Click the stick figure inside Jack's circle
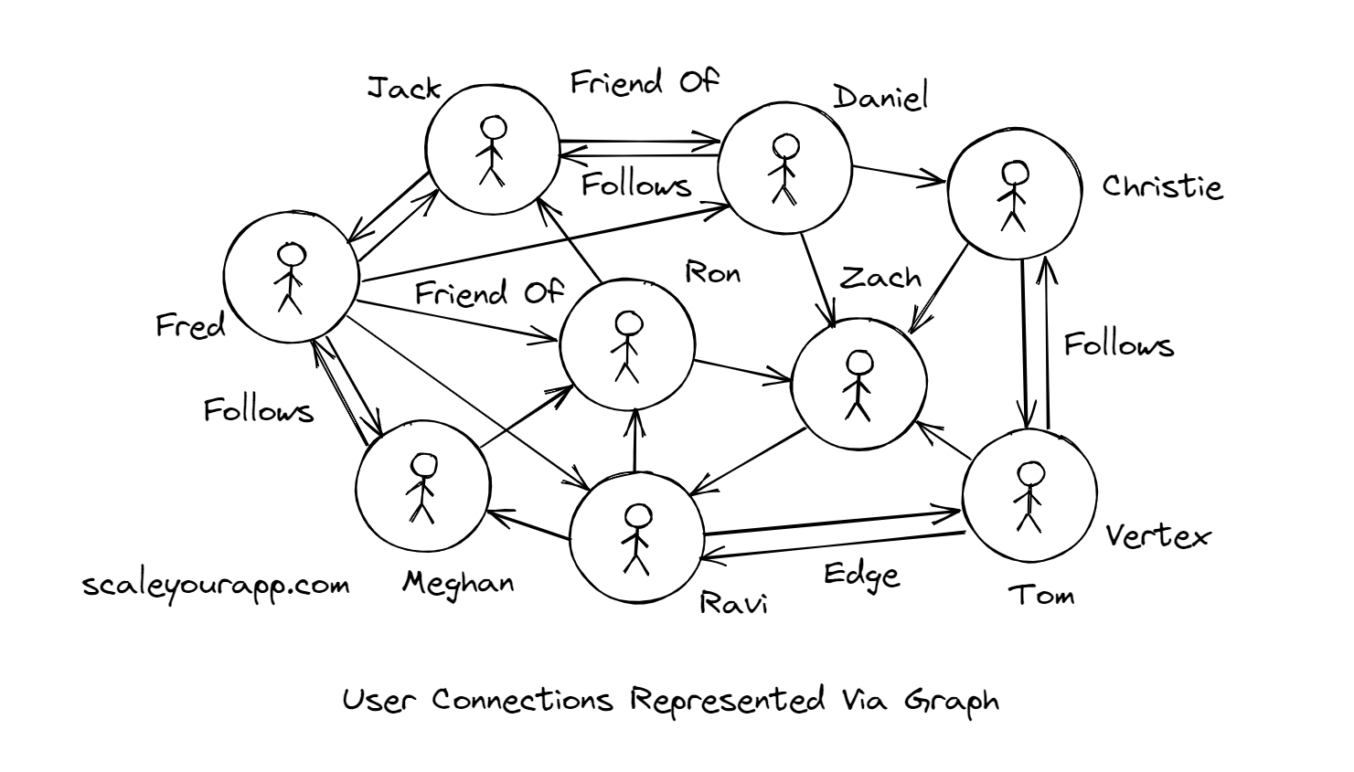click(492, 151)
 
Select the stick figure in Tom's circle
click(1029, 496)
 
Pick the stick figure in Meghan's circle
click(421, 489)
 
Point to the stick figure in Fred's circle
click(290, 279)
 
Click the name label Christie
click(1161, 186)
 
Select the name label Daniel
click(880, 97)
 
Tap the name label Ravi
click(733, 603)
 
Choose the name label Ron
click(712, 273)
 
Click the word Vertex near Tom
click(1157, 535)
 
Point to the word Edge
click(861, 576)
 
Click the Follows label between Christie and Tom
click(1118, 344)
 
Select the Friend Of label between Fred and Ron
click(489, 293)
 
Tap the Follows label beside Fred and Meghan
click(258, 410)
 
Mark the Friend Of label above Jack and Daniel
click(645, 83)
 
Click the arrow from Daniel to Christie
click(899, 174)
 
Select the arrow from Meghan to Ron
click(526, 417)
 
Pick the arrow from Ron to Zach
click(742, 369)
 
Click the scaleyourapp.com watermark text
click(216, 585)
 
